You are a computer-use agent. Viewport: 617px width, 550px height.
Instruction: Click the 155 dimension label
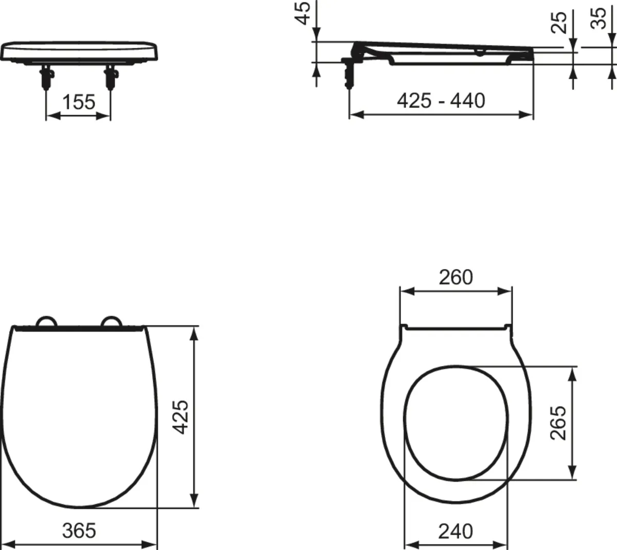(x=79, y=102)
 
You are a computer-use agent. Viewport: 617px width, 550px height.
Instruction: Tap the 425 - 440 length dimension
(x=441, y=100)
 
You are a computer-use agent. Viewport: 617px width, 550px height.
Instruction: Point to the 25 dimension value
(x=559, y=23)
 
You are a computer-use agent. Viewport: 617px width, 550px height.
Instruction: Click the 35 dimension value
(x=598, y=19)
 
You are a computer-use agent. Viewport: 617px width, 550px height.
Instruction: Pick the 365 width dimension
(x=79, y=530)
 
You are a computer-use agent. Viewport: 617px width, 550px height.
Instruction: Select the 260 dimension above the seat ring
(x=456, y=278)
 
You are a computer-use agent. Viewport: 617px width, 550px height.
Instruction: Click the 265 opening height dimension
(x=558, y=423)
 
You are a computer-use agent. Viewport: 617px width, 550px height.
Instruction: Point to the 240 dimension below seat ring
(x=456, y=531)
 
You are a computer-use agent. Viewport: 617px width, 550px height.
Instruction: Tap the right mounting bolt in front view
(x=110, y=78)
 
